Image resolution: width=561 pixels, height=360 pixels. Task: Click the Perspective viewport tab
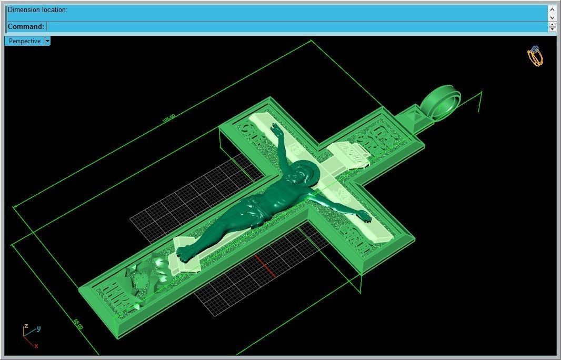[24, 41]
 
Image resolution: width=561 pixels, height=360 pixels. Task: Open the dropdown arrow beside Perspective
[47, 41]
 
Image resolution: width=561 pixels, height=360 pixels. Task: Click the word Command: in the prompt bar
[26, 26]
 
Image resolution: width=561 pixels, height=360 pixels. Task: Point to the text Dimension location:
[37, 10]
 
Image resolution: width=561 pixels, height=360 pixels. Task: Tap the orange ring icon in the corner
[535, 56]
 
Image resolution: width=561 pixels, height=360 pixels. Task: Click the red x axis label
[36, 346]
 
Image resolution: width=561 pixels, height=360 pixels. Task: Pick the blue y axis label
[38, 328]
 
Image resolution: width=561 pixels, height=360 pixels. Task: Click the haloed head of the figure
[302, 174]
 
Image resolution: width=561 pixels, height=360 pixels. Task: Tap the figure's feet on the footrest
[185, 253]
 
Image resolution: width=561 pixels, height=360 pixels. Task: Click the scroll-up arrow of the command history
[552, 9]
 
